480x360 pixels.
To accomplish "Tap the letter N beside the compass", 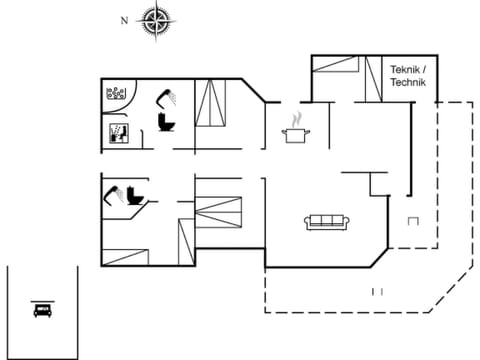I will (124, 19).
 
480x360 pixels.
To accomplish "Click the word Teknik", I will (408, 69).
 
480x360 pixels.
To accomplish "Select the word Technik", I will (409, 83).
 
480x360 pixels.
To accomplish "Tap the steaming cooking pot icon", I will (296, 134).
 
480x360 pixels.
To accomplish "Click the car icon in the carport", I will (42, 308).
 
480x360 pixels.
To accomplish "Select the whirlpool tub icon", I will (119, 95).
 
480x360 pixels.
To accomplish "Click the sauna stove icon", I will (117, 133).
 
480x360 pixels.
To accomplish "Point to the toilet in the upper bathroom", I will (165, 122).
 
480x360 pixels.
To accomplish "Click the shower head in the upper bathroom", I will (165, 96).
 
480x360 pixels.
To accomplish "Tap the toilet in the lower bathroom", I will (133, 197).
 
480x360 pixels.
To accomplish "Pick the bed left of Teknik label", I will (336, 66).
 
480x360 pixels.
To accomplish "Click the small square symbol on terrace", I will (413, 220).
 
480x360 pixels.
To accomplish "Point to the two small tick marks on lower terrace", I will (378, 291).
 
